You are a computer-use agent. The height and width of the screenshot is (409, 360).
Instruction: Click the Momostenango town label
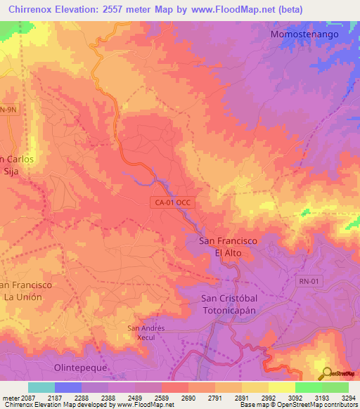pyautogui.click(x=304, y=34)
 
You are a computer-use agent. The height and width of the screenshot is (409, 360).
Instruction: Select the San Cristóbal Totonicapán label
pyautogui.click(x=225, y=303)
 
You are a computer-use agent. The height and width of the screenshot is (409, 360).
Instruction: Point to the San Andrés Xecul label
pyautogui.click(x=146, y=332)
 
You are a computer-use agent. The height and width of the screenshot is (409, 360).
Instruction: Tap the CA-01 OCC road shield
pyautogui.click(x=174, y=202)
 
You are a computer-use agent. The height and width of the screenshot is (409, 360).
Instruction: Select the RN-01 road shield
pyautogui.click(x=308, y=282)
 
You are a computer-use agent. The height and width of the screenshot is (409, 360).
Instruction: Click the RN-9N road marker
pyautogui.click(x=8, y=110)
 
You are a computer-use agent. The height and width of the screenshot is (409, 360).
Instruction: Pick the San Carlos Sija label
pyautogui.click(x=17, y=164)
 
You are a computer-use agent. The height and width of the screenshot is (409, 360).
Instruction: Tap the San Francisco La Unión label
pyautogui.click(x=25, y=290)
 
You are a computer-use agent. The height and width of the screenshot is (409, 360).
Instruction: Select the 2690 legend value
pyautogui.click(x=188, y=398)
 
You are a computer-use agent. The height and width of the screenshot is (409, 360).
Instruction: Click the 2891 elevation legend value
pyautogui.click(x=241, y=398)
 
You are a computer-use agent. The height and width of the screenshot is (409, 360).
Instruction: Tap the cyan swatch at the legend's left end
pyautogui.click(x=41, y=387)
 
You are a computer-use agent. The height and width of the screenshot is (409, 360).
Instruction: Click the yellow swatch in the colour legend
pyautogui.click(x=281, y=387)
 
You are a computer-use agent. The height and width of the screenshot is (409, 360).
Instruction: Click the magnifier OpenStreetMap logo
pyautogui.click(x=326, y=372)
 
